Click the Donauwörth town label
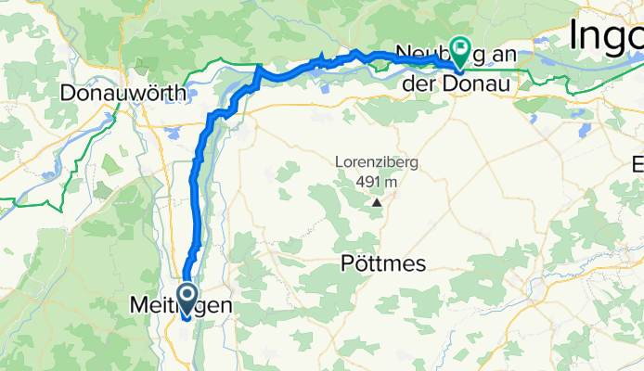(123, 93)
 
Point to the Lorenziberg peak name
(377, 163)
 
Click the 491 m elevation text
(377, 182)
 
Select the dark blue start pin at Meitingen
(186, 298)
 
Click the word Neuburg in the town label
(426, 52)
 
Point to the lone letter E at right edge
(638, 165)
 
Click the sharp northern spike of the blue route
(257, 67)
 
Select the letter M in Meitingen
(135, 305)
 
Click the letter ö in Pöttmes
(352, 264)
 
